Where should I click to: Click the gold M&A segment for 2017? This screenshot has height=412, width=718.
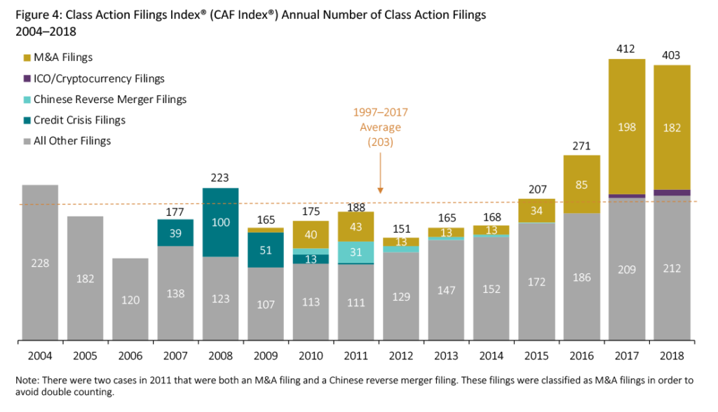pos(626,126)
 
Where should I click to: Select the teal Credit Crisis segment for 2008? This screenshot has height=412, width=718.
pos(220,222)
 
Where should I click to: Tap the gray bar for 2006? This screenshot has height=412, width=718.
pos(130,300)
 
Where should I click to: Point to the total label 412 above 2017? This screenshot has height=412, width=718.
pos(626,50)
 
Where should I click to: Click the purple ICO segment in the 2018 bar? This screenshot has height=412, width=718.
pos(671,193)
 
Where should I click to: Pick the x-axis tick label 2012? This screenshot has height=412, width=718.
pos(400,356)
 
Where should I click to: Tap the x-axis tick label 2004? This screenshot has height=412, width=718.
pos(40,356)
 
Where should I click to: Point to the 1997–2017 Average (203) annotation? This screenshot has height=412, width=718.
pos(380,127)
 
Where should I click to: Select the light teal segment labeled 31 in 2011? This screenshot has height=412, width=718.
pos(355,252)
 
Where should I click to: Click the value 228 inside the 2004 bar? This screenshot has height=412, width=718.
pos(40,263)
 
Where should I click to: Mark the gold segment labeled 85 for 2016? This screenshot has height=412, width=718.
pos(581,184)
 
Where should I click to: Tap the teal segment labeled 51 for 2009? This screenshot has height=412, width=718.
pos(265,250)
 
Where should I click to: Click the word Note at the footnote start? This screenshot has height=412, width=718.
pos(27,380)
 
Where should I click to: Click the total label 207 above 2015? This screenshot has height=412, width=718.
pos(536,189)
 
